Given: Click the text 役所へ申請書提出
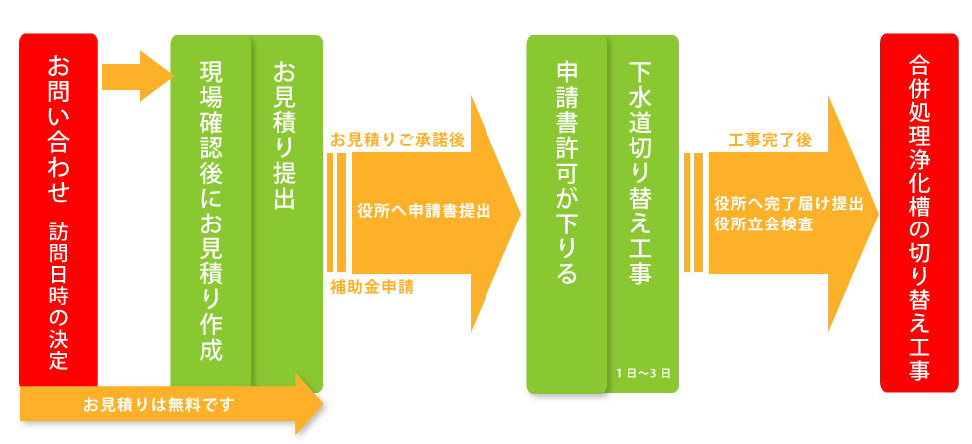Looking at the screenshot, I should coord(424,212).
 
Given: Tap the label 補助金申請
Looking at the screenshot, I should coord(372,287).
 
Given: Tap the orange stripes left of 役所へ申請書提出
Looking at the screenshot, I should coord(336,212).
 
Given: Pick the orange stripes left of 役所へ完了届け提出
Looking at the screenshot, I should coord(694,212).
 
